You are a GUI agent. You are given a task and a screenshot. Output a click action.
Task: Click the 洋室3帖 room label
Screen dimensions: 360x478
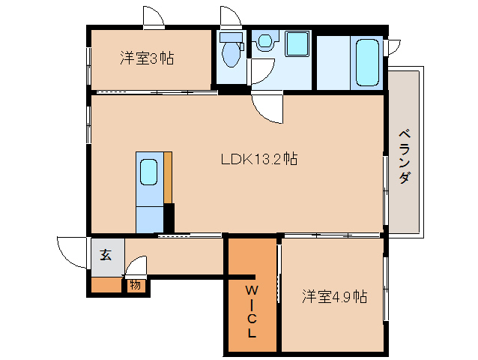pyautogui.click(x=147, y=58)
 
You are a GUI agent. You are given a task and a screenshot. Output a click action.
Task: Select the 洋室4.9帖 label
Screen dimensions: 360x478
pyautogui.click(x=334, y=296)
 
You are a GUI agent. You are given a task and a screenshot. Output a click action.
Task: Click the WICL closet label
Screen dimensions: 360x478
pyautogui.click(x=252, y=311)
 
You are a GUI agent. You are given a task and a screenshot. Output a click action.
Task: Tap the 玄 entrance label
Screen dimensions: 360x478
pyautogui.click(x=106, y=255)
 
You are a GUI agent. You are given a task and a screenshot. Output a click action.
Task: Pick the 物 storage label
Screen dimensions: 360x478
pyautogui.click(x=135, y=284)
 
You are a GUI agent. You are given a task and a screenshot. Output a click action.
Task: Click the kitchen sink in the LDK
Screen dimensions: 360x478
pyautogui.click(x=148, y=172)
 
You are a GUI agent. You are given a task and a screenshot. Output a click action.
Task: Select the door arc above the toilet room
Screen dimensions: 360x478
pyautogui.click(x=229, y=16)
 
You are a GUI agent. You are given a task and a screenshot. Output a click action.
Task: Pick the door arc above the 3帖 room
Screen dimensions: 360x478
pyautogui.click(x=153, y=16)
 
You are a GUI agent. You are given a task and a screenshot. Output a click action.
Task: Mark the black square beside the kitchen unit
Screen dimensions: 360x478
pyautogui.click(x=169, y=218)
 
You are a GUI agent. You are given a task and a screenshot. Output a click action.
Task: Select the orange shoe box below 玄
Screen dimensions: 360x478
pyautogui.click(x=106, y=284)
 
